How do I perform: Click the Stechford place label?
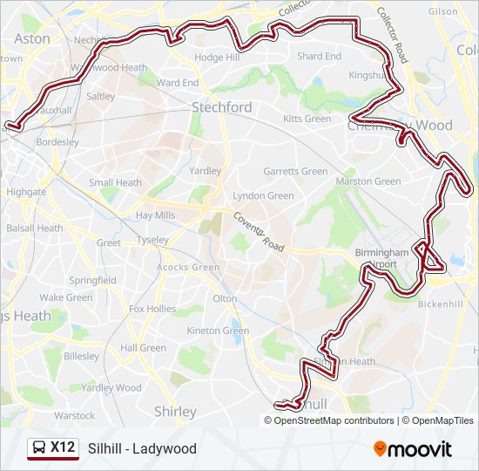(x=222, y=107)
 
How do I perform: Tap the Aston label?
(x=32, y=39)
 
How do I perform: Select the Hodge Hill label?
(x=216, y=57)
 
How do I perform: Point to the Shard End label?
(x=319, y=57)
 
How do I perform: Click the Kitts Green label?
(x=307, y=119)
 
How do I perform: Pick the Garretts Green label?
(x=295, y=172)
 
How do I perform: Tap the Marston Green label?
(x=368, y=181)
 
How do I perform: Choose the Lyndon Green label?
(x=263, y=196)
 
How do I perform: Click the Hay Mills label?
(x=155, y=215)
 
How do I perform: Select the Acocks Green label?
(x=188, y=267)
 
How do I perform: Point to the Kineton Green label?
(x=218, y=331)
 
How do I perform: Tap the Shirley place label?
(x=175, y=410)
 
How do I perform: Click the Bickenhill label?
(x=442, y=304)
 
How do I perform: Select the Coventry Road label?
(x=259, y=233)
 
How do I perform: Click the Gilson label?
(x=442, y=11)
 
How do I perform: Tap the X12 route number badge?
(x=63, y=448)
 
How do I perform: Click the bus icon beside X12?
(x=39, y=448)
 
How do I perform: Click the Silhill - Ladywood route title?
(x=142, y=449)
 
